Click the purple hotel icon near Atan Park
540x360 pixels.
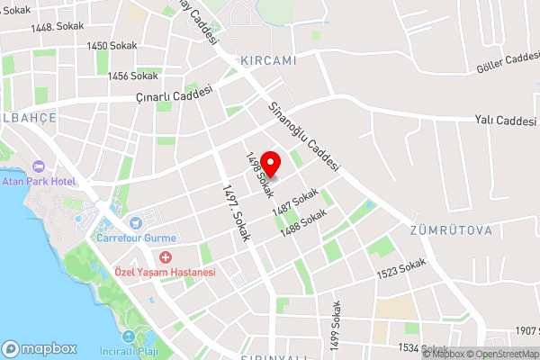[38, 166]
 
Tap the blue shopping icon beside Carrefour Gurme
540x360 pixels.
[135, 222]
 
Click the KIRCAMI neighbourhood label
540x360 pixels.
[268, 60]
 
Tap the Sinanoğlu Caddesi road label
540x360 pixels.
[304, 135]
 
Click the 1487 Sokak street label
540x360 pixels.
[296, 203]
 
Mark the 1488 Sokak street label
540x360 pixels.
[303, 224]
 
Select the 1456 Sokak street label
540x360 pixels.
[132, 76]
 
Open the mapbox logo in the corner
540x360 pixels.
[39, 348]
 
